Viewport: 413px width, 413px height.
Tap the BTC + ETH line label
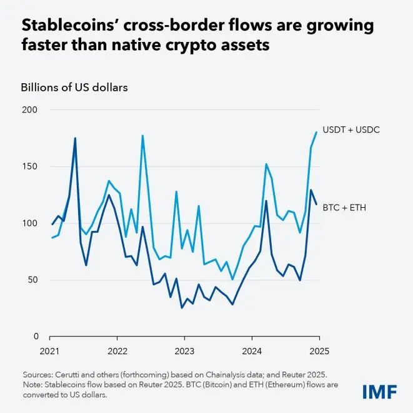coord(344,206)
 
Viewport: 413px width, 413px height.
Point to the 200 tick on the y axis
coord(30,110)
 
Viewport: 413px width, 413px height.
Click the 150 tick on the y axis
coord(30,167)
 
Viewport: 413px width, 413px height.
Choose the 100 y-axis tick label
coord(30,223)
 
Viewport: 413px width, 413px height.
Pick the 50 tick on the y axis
coord(32,280)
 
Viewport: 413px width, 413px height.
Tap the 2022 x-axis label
coord(117,352)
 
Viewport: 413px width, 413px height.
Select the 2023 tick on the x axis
coord(184,352)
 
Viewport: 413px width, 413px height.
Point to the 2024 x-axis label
coord(250,352)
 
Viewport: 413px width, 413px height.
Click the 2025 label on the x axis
coord(316,352)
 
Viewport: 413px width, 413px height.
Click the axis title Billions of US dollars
coord(74,87)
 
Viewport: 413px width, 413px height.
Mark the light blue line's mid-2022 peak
coord(142,135)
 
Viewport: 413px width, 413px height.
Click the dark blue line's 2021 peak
coord(75,138)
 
